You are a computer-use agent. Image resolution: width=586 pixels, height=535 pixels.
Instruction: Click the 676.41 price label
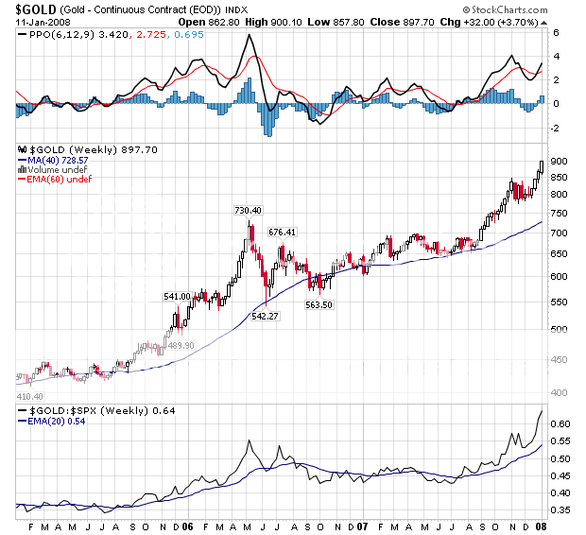[x=283, y=232]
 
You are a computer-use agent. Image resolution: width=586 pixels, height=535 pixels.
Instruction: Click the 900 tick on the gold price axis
[x=560, y=162]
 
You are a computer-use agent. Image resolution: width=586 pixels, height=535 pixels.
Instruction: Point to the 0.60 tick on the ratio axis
[x=561, y=424]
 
